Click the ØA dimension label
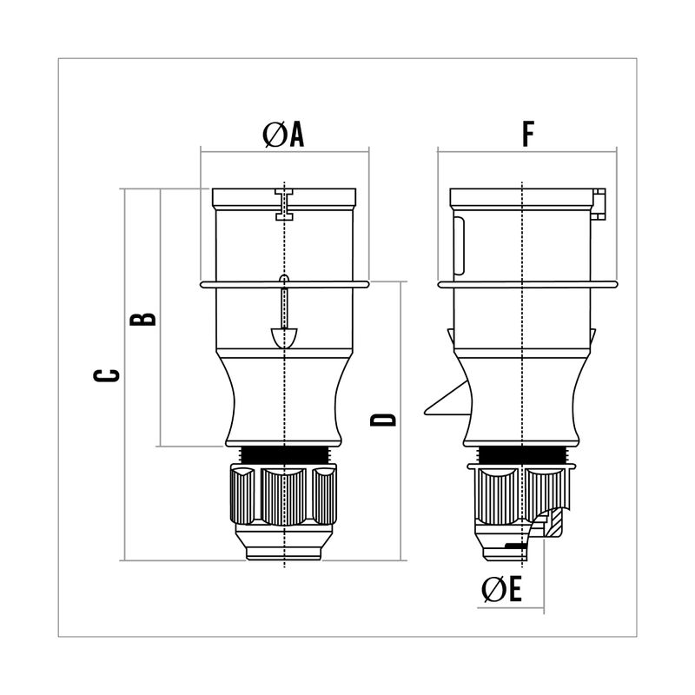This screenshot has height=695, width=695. coord(283,134)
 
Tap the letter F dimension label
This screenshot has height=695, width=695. coord(528,134)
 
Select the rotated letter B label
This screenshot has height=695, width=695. coord(143,319)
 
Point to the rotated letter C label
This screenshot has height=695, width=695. coord(107,375)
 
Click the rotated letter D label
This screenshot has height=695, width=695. coord(383,420)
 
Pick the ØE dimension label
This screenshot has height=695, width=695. coord(502,589)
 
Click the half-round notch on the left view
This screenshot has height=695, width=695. coord(284,338)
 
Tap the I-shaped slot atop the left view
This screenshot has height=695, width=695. coord(284,204)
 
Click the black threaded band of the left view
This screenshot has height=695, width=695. coord(284,455)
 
